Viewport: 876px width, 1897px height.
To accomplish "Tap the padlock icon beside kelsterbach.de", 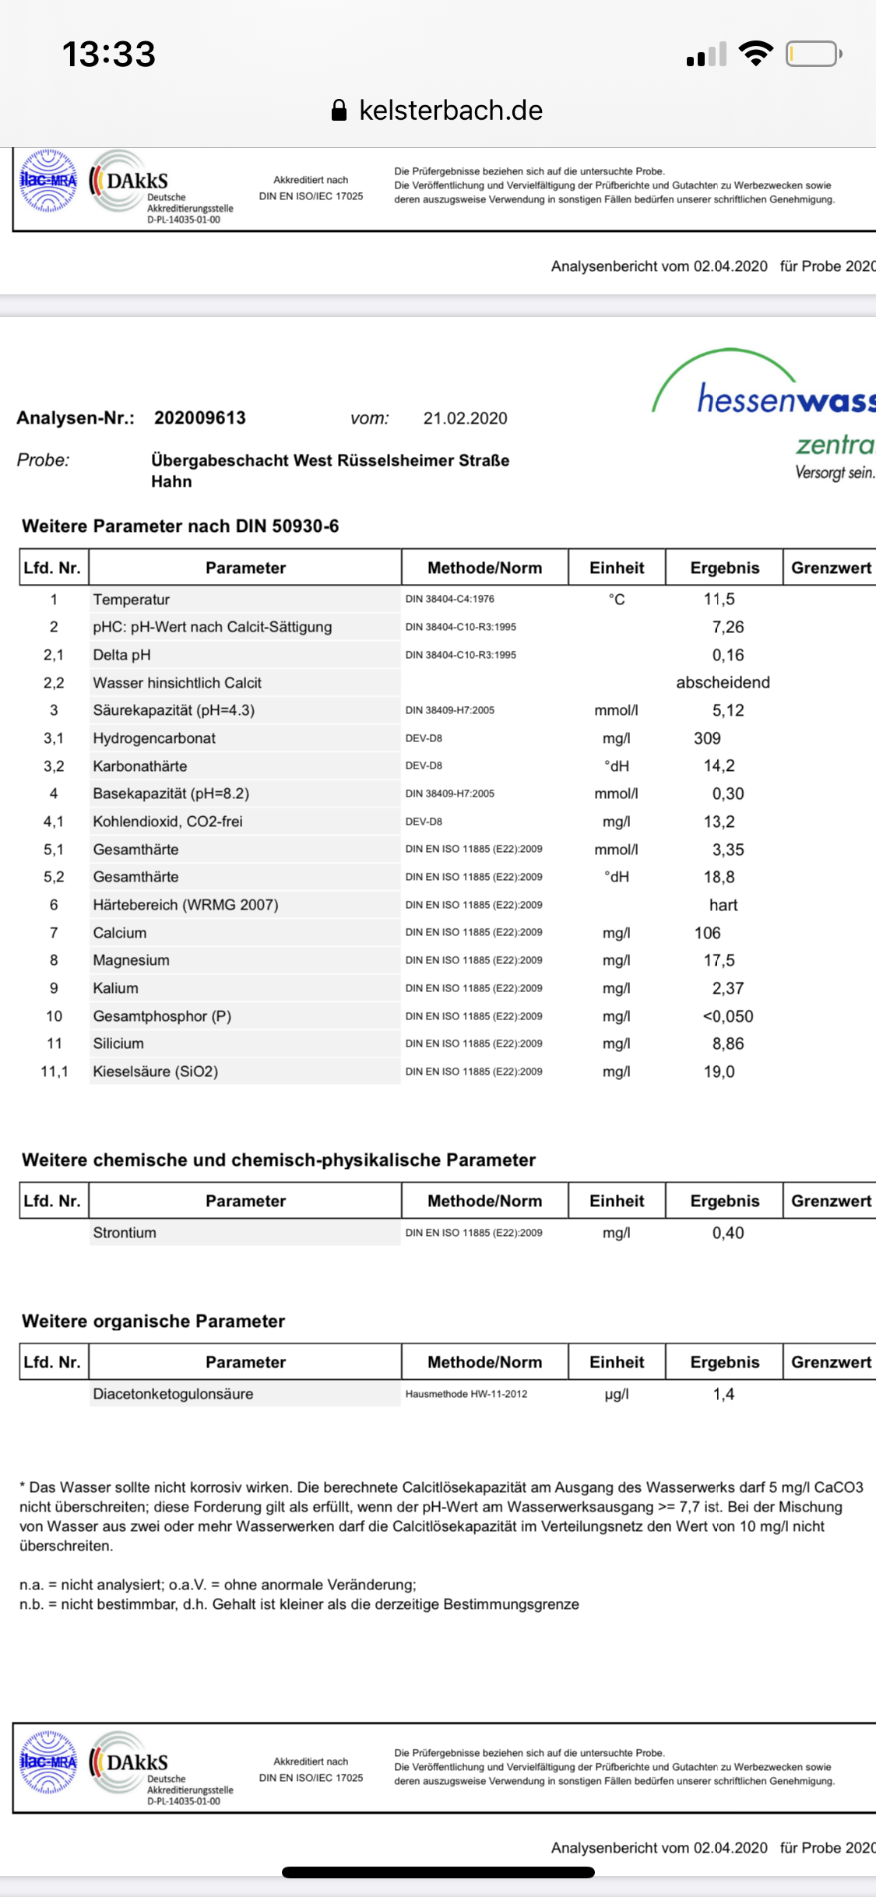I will coord(339,111).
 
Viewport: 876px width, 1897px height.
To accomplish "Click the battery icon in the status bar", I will coord(813,55).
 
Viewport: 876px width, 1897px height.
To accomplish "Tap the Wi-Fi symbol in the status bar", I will coord(755,54).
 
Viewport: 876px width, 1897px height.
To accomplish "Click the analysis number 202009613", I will coord(200,418).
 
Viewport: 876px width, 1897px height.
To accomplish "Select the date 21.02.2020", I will coord(465,419).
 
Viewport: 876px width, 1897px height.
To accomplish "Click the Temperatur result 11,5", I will coord(719,600).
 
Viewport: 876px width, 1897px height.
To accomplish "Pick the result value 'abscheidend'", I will coord(723,683).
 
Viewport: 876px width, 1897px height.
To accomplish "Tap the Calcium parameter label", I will coord(120,933).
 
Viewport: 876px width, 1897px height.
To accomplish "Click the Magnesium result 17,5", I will coord(719,961).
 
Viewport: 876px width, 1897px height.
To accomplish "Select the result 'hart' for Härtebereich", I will coord(723,905).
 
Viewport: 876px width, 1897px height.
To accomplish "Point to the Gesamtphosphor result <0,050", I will coord(727,1016).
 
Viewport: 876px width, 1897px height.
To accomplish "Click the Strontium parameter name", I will coord(125,1233).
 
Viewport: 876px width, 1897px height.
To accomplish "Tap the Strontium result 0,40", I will coord(727,1233).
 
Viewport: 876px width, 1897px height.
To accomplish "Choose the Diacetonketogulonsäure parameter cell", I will coord(173,1394).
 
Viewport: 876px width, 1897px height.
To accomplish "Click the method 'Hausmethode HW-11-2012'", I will coord(466,1394).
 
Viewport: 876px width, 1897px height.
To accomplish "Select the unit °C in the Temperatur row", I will coord(617,600).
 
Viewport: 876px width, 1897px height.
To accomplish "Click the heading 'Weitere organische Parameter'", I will coord(153,1322).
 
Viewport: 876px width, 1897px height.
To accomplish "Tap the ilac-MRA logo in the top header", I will coord(48,181).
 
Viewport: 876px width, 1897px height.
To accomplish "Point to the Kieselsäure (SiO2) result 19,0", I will coord(719,1072).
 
